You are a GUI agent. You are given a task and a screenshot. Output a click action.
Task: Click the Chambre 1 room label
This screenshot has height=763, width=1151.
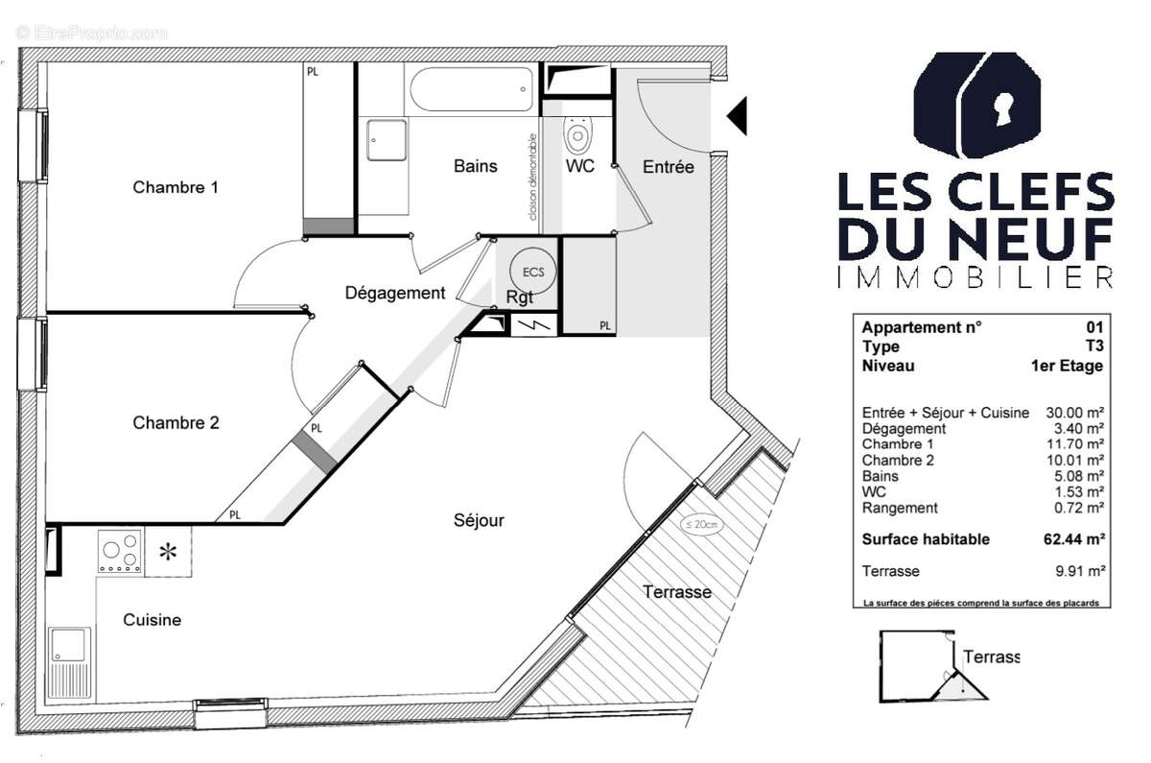click(176, 187)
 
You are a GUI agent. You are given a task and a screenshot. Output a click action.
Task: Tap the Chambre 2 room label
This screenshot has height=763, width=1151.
click(176, 422)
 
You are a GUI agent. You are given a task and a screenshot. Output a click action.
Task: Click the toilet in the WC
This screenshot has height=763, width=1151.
click(577, 135)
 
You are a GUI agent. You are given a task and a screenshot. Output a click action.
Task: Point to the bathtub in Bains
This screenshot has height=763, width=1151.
click(470, 90)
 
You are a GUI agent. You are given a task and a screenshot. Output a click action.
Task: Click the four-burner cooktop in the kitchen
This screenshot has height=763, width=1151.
click(120, 552)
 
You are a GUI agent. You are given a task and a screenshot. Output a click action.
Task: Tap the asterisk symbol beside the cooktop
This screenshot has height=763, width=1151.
click(169, 552)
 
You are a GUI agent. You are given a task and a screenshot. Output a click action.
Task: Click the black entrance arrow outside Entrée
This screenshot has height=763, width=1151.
click(736, 116)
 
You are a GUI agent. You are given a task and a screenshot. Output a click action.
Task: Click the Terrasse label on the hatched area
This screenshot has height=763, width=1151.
click(676, 592)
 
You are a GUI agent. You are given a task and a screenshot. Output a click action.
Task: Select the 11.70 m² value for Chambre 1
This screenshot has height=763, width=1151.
click(1076, 444)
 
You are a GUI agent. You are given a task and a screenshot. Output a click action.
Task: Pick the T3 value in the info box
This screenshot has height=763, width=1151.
click(1094, 346)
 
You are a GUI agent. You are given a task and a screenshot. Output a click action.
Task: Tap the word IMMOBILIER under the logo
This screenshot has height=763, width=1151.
click(975, 277)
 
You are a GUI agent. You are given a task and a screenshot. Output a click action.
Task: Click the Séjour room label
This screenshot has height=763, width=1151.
click(479, 520)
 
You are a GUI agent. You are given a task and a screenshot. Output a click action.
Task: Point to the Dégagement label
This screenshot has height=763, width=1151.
click(395, 294)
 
